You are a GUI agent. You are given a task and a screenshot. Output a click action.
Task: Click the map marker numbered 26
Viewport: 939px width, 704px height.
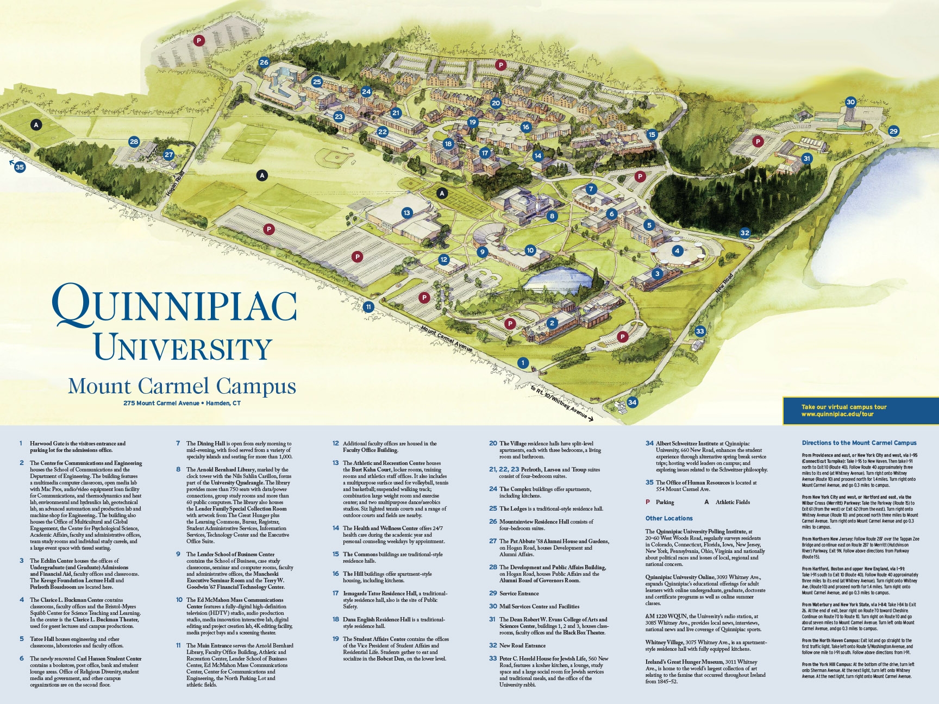pos(264,62)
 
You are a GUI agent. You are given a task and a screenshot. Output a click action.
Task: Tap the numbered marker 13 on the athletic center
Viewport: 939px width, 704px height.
pos(406,213)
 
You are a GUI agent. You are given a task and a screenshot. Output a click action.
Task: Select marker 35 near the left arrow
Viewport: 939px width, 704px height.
pos(20,167)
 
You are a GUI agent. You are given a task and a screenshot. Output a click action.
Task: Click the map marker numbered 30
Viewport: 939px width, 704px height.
pos(850,102)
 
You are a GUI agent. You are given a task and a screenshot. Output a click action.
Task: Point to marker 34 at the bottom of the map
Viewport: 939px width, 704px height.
pos(632,403)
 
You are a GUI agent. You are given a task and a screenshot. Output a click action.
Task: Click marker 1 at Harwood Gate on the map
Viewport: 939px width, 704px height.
pos(523,363)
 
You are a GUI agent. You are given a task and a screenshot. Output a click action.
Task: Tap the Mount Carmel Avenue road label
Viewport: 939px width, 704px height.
pos(447,338)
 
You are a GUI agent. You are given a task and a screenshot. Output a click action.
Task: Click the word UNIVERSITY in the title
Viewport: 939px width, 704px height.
pos(183,348)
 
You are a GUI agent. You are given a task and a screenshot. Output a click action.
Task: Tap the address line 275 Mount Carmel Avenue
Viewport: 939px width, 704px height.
pos(181,403)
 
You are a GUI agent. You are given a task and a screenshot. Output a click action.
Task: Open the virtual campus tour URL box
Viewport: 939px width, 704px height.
pos(860,411)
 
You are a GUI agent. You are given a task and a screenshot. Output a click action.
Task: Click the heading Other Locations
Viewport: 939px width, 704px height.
pos(669,518)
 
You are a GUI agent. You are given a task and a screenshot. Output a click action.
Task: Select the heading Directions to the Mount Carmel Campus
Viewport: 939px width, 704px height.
pos(859,443)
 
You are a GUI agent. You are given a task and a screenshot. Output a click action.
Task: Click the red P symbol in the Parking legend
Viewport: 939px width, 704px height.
pos(648,502)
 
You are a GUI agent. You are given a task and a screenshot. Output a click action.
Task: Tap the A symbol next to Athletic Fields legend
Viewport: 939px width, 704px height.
pos(706,502)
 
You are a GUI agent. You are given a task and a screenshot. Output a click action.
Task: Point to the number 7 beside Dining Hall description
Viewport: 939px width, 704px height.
pos(178,443)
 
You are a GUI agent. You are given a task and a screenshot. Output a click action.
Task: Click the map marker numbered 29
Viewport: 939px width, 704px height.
pos(893,131)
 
